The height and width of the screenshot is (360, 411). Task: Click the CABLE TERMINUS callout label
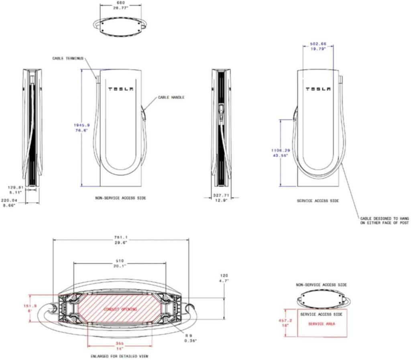pos(68,58)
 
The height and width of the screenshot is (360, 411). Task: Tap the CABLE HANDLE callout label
pos(171,97)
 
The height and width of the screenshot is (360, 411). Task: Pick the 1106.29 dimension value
pos(281,150)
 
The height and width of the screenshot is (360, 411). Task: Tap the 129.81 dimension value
pos(16,187)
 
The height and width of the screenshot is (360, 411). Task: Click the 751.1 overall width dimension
pos(121,237)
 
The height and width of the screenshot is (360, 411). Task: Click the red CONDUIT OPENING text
pos(120,309)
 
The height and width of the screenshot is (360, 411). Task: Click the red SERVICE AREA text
pos(321,324)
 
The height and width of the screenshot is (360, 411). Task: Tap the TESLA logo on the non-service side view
pos(120,89)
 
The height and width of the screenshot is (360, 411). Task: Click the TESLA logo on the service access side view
pos(318,89)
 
